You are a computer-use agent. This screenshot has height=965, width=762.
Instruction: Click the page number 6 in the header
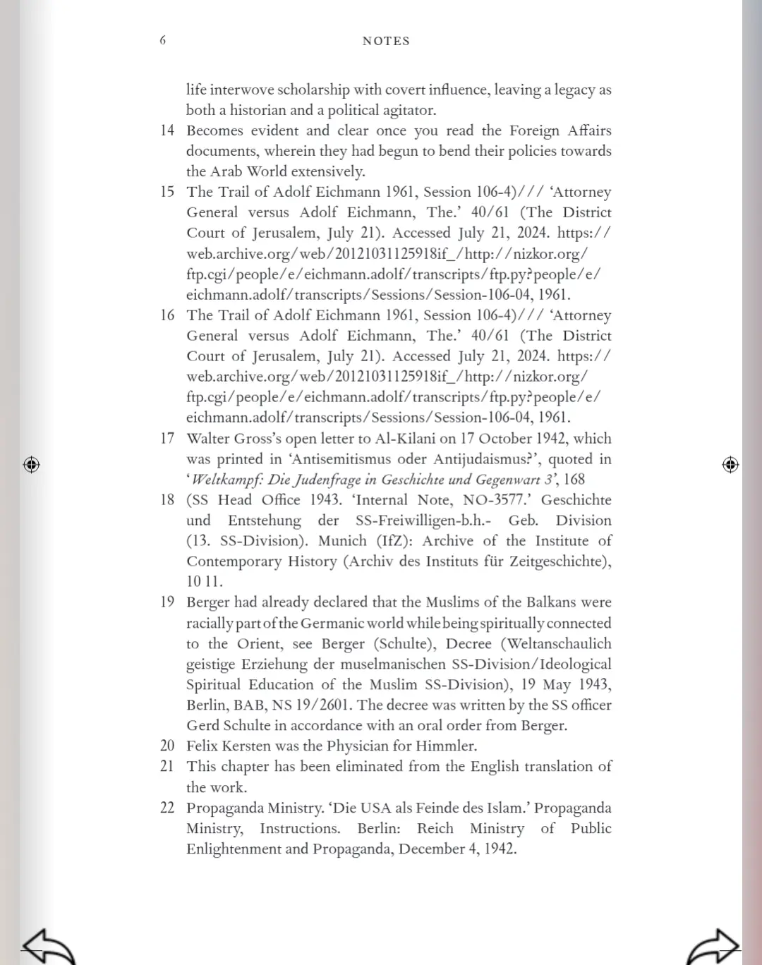coord(163,40)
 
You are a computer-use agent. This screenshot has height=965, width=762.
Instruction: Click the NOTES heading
coord(386,41)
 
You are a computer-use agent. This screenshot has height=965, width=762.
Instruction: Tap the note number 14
coord(167,131)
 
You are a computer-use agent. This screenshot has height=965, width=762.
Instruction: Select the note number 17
coord(167,438)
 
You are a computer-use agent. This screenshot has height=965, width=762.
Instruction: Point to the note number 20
coord(167,746)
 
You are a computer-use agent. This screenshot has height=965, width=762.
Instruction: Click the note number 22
coord(167,808)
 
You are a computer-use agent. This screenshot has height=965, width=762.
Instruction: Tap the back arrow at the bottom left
coord(48,946)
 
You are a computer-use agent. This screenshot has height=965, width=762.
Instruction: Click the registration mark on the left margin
coord(31,465)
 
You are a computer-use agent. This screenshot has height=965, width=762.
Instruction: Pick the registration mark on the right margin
coord(730,465)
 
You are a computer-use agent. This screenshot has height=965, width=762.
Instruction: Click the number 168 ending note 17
coord(574,480)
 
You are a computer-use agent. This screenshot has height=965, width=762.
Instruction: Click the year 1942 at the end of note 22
coord(500,849)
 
